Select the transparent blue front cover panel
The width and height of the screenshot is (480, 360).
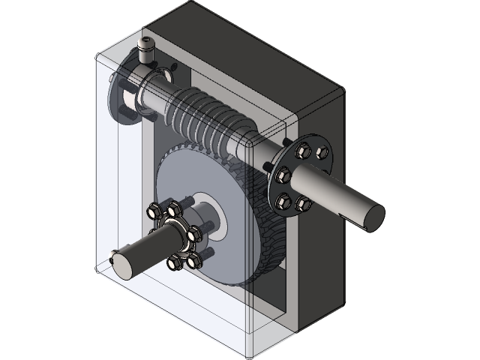click(112, 187)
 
